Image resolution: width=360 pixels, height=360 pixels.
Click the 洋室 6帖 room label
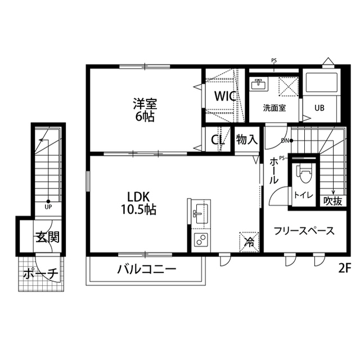click(x=145, y=110)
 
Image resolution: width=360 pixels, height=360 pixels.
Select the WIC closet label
click(x=224, y=96)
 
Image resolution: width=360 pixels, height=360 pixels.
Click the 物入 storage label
click(x=246, y=139)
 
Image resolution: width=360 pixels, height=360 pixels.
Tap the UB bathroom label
click(x=319, y=108)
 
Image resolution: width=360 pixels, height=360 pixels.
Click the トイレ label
click(x=303, y=195)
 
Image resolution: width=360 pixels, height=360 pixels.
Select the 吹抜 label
click(x=332, y=201)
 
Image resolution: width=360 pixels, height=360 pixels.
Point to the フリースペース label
click(x=304, y=231)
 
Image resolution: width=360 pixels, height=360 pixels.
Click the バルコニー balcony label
click(x=147, y=269)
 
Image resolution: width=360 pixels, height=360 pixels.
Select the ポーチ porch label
click(x=41, y=274)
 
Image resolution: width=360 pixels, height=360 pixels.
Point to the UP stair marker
click(x=48, y=206)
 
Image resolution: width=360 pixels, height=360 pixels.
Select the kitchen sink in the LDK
click(x=200, y=213)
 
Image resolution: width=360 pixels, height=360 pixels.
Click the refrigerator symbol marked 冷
click(x=249, y=242)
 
